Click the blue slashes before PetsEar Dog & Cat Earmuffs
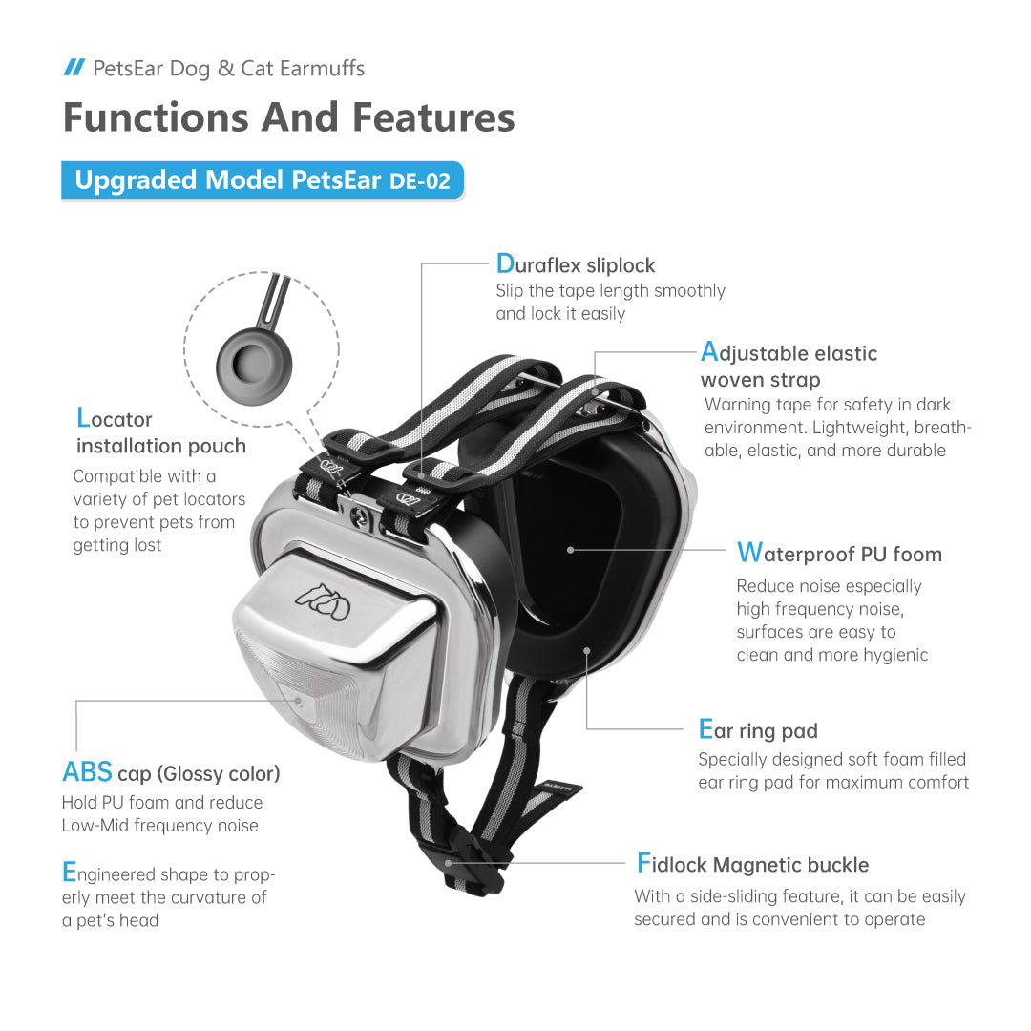tap(74, 67)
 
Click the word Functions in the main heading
tap(153, 117)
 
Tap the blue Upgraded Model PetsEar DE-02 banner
tap(263, 180)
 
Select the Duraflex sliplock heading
tap(576, 264)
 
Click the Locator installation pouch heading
tap(160, 432)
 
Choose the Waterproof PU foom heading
tap(839, 554)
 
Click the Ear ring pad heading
tap(758, 731)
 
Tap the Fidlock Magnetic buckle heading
tap(752, 865)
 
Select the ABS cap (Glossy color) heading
tap(171, 772)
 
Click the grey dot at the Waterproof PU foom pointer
tap(570, 550)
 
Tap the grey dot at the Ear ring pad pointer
tap(586, 650)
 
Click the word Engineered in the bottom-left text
tap(108, 874)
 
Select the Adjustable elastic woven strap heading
tap(789, 366)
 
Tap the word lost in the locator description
tap(145, 545)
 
